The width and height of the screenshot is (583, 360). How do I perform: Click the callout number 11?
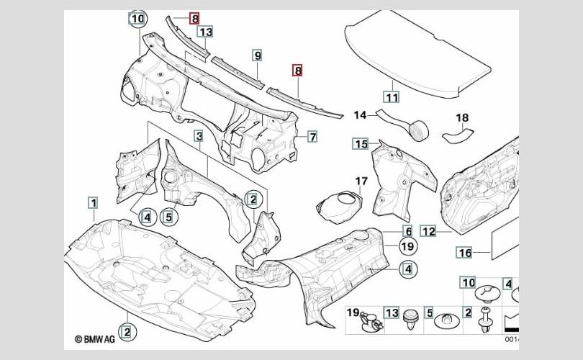click(x=392, y=97)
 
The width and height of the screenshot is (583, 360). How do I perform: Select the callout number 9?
click(x=257, y=55)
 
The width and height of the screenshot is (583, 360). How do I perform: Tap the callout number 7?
click(x=312, y=137)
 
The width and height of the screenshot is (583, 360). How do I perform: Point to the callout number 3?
click(x=199, y=136)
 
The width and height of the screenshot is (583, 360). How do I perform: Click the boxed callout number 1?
click(x=94, y=203)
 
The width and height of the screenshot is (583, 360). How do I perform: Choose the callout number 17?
click(x=361, y=181)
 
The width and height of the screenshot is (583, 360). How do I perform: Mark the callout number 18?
click(x=462, y=117)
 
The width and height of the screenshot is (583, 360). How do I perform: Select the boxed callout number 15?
click(x=361, y=143)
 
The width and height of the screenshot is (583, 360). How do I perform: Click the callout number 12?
click(x=428, y=231)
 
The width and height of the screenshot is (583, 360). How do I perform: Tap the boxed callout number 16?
click(x=465, y=253)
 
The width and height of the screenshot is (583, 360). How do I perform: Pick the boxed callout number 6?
click(x=408, y=231)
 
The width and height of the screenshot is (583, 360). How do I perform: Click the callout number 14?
click(x=360, y=115)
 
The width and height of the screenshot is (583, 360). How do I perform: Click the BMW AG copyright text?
click(x=95, y=339)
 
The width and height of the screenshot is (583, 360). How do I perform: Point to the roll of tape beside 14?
click(x=419, y=130)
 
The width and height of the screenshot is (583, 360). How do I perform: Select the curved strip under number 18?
click(x=458, y=135)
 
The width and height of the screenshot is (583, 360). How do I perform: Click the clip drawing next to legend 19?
click(x=371, y=322)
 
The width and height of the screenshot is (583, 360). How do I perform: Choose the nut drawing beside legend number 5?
click(x=446, y=321)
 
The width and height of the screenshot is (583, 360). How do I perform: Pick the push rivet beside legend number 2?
click(x=485, y=320)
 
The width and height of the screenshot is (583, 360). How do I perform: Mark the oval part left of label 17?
click(x=339, y=207)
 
